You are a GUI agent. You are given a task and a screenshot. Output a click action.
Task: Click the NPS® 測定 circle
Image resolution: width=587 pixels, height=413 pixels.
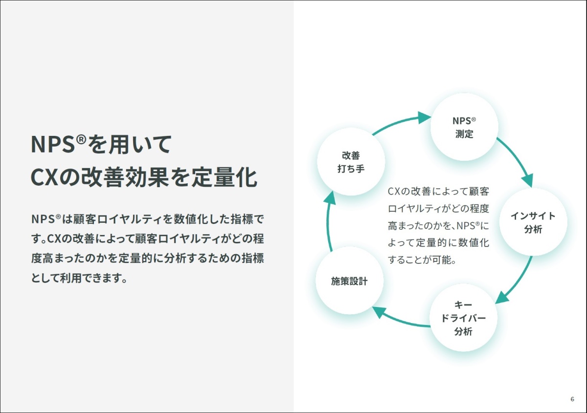(464, 127)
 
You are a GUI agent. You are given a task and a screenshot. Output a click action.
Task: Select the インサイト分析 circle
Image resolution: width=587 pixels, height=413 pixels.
(533, 222)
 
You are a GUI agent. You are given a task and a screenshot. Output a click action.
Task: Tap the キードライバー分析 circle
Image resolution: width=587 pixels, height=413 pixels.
(463, 318)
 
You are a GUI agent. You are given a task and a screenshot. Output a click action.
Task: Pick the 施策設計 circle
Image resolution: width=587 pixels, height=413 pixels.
(350, 281)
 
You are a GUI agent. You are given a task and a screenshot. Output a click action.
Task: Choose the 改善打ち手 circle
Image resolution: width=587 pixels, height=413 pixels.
(351, 162)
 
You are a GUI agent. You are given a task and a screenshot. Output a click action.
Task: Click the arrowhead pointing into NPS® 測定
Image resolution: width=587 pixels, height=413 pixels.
(424, 118)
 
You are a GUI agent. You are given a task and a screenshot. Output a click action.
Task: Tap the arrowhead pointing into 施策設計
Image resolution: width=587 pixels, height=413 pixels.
(379, 312)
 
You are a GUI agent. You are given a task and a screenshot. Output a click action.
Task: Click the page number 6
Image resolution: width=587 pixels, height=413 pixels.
(572, 399)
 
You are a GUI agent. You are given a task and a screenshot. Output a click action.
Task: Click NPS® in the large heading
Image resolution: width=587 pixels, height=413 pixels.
(58, 144)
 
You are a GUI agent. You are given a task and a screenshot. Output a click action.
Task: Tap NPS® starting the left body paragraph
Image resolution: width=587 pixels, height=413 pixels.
(46, 219)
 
